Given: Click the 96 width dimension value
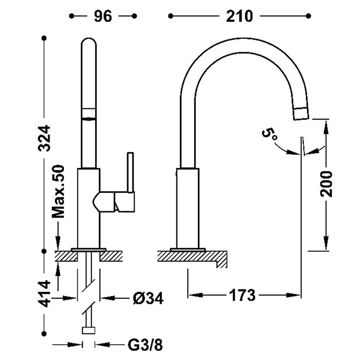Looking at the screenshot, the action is [x=103, y=16].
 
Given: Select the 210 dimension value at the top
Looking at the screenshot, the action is [x=239, y=16].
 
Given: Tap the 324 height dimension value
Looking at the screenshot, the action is [x=44, y=138].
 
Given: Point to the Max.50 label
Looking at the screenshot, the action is [x=58, y=191].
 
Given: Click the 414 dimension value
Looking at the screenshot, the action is [x=44, y=293].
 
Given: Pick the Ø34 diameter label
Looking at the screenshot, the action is [x=148, y=298].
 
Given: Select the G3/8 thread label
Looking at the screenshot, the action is [x=145, y=345].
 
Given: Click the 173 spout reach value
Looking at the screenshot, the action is [x=242, y=295].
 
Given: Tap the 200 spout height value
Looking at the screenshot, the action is [x=326, y=184].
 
